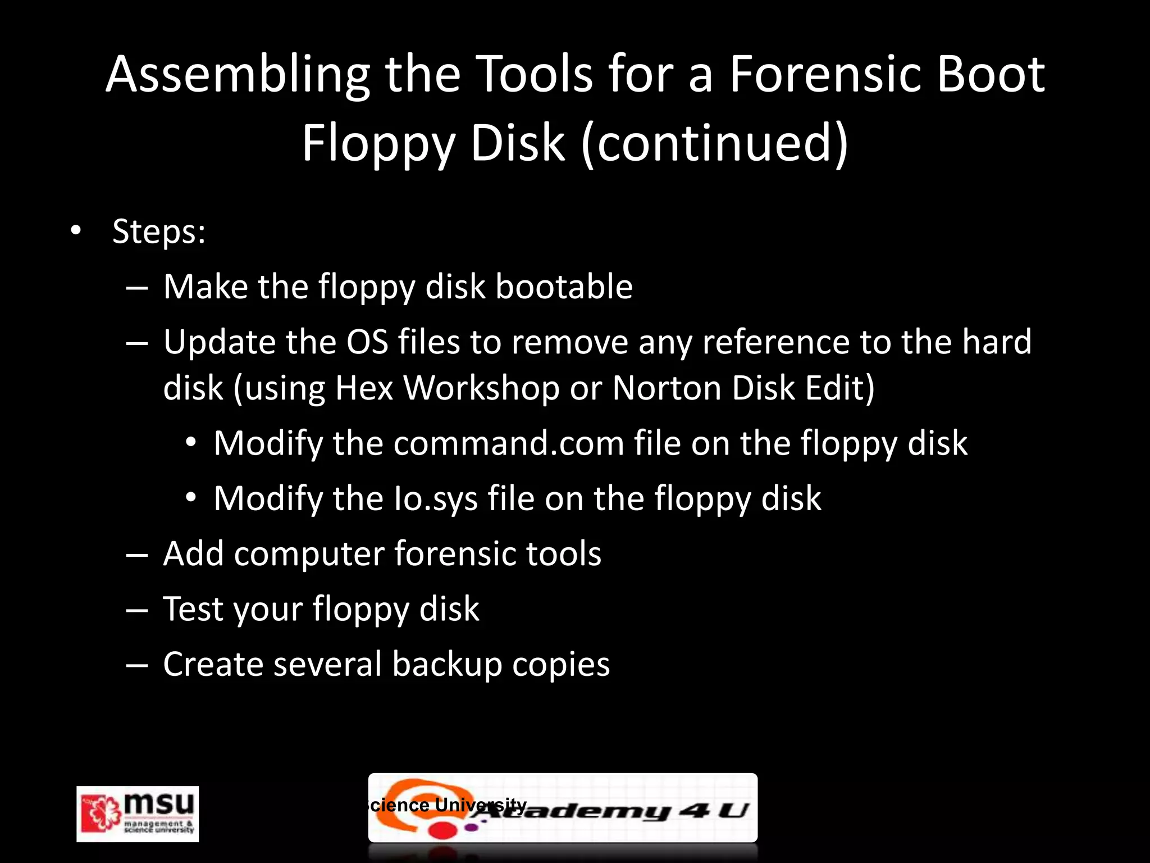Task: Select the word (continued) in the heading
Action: point(715,143)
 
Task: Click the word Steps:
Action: point(159,231)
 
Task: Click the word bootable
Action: point(564,287)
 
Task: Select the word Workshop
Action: point(481,388)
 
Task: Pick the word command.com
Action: point(509,443)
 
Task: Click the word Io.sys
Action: point(435,498)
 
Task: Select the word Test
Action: point(193,608)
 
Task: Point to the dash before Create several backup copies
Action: point(137,665)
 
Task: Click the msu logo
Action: point(138,814)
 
